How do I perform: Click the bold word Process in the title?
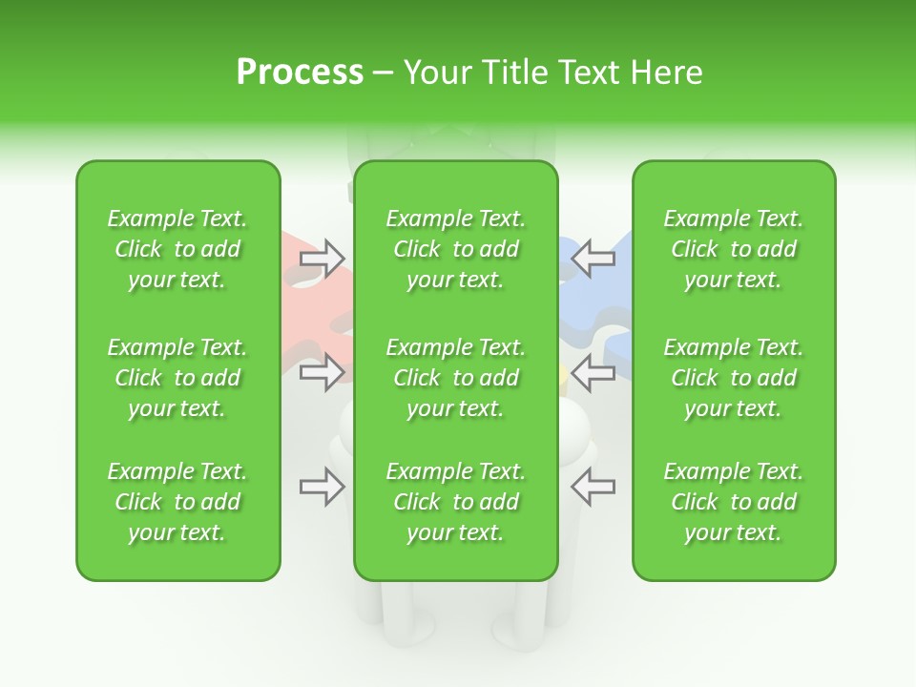tap(300, 73)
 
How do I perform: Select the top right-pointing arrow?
tap(322, 259)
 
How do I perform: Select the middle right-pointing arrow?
tap(322, 372)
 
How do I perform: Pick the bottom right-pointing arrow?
tap(322, 487)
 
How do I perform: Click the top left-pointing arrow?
tap(593, 259)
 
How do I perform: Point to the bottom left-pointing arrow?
tap(593, 487)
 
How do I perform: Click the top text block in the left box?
tap(177, 249)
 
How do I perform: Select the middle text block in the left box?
tap(177, 378)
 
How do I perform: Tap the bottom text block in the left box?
tap(177, 502)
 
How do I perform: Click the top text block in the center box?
tap(455, 249)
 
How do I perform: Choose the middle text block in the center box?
tap(455, 378)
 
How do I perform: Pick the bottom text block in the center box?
tap(455, 502)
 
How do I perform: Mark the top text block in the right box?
tap(733, 249)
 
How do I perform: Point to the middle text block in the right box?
tap(733, 378)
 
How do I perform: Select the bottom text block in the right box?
tap(733, 502)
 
